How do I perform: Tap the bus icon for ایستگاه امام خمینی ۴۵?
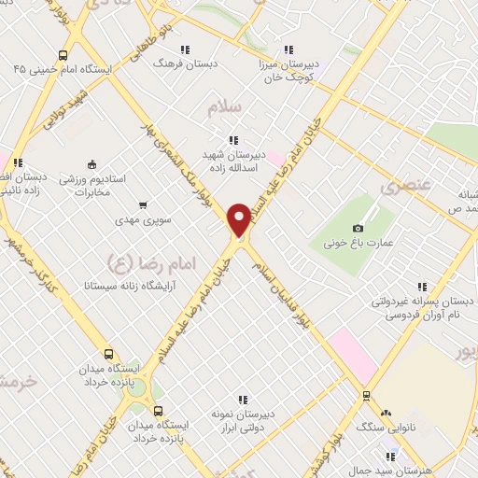coord(62,54)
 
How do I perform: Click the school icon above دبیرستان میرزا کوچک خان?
coord(288,49)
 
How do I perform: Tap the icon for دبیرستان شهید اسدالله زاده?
coord(232,139)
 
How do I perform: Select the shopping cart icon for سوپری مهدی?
coord(142,204)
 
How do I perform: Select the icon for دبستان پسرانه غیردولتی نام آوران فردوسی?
coord(422,287)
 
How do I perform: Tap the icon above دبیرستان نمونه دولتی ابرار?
coord(244,400)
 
